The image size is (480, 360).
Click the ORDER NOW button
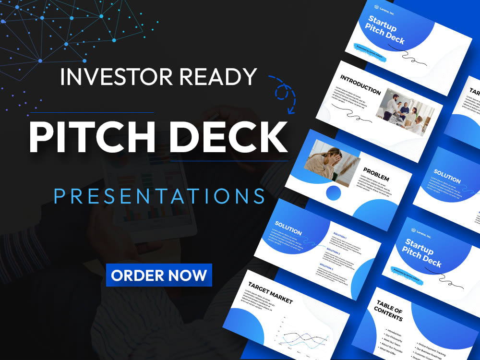tap(159, 276)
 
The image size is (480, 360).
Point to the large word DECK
tap(225, 137)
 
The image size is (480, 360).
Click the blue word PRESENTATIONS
tap(159, 196)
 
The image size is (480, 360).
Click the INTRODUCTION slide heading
tap(360, 84)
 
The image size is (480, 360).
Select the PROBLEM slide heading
tap(376, 174)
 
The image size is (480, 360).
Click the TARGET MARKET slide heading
tap(270, 292)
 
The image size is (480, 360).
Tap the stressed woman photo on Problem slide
tap(332, 163)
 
